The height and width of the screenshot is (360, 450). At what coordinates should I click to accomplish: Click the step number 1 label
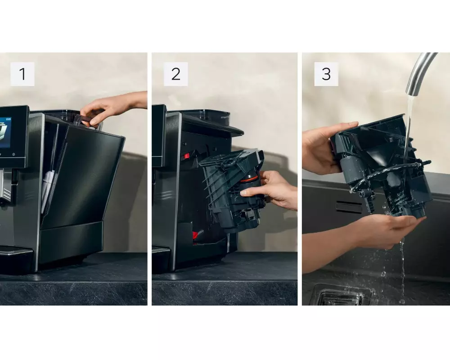coord(22,74)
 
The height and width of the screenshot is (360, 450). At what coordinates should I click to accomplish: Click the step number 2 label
coord(175,74)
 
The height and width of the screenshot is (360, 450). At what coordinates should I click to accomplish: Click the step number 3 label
coord(326,74)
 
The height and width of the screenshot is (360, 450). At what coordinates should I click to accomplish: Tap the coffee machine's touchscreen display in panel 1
coord(5,131)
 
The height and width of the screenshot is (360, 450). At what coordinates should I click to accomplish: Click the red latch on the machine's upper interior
coord(187,156)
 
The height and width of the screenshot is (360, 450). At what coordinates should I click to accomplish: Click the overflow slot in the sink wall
coord(349,207)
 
